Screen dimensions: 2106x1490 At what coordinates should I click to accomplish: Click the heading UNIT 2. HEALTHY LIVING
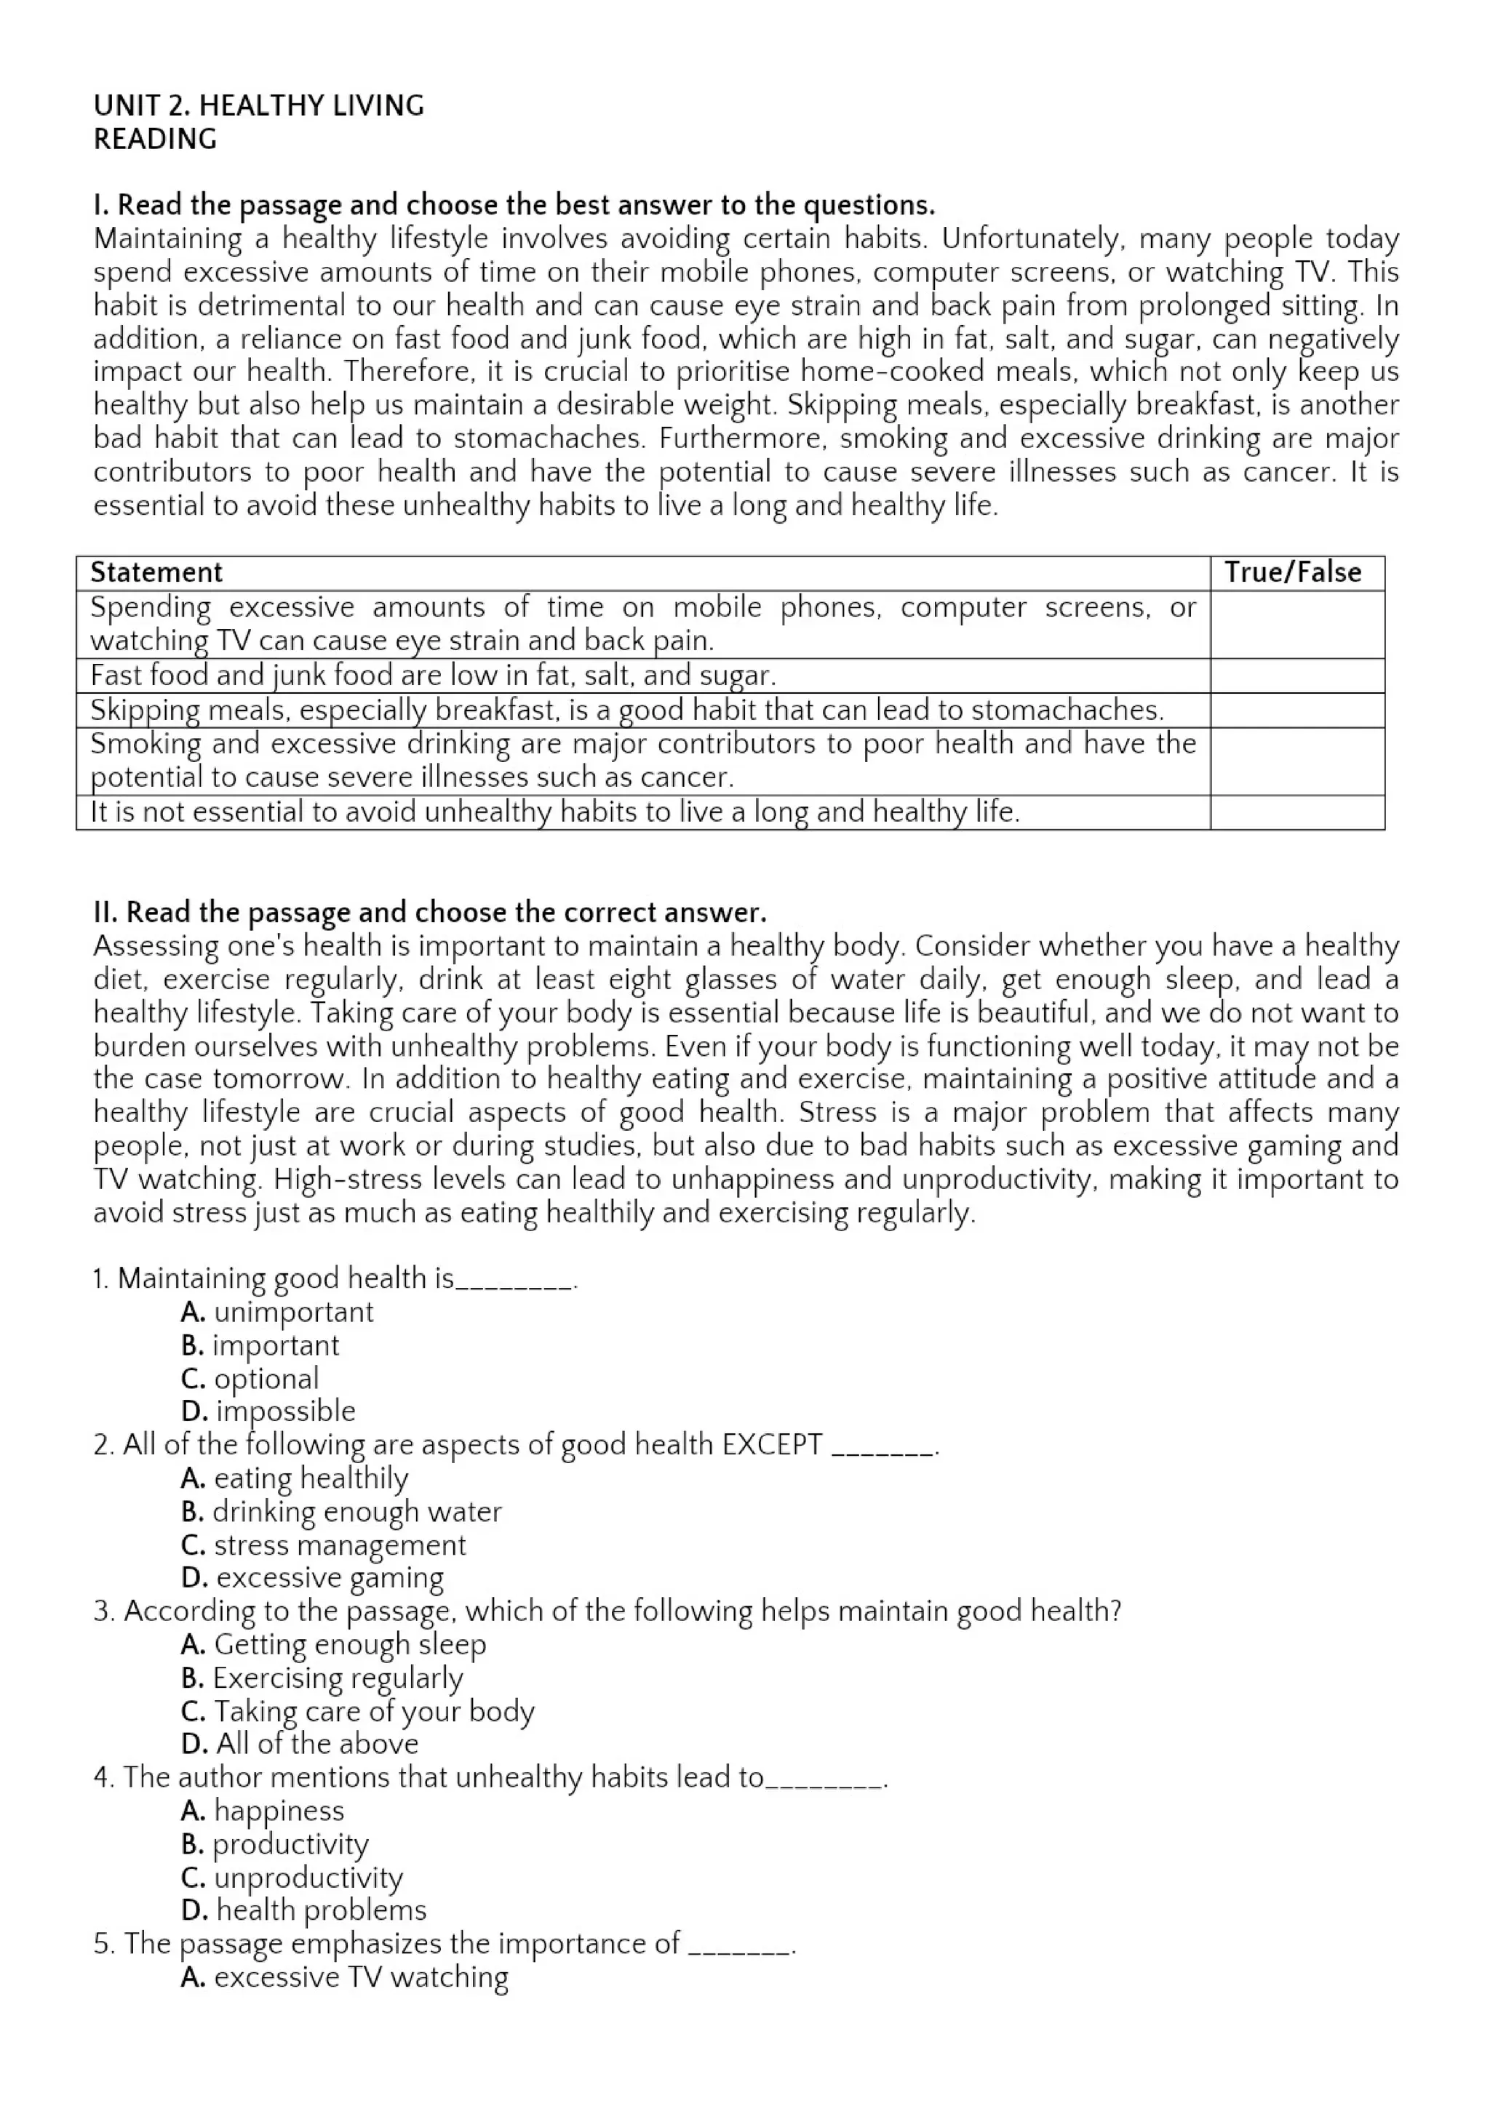pyautogui.click(x=259, y=105)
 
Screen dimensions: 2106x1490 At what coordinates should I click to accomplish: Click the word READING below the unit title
pyautogui.click(x=155, y=140)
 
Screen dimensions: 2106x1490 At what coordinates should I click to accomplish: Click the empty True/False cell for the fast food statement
pyautogui.click(x=1296, y=676)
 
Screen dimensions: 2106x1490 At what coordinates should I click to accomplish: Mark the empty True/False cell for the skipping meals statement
pyautogui.click(x=1296, y=711)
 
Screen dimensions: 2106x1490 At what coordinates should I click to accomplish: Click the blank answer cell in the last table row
pyautogui.click(x=1296, y=813)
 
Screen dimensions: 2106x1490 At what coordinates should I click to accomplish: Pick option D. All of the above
pyautogui.click(x=299, y=1744)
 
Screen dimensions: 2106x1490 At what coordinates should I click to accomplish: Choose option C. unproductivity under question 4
pyautogui.click(x=292, y=1878)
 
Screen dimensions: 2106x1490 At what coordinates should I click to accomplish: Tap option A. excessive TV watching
pyautogui.click(x=344, y=1977)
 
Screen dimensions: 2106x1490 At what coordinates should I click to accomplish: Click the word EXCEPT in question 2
pyautogui.click(x=772, y=1445)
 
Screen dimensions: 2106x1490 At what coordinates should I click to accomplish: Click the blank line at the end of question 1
pyautogui.click(x=514, y=1281)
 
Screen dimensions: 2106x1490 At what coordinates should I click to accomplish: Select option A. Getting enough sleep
pyautogui.click(x=333, y=1645)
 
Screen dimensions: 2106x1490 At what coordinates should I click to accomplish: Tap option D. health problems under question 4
pyautogui.click(x=303, y=1910)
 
